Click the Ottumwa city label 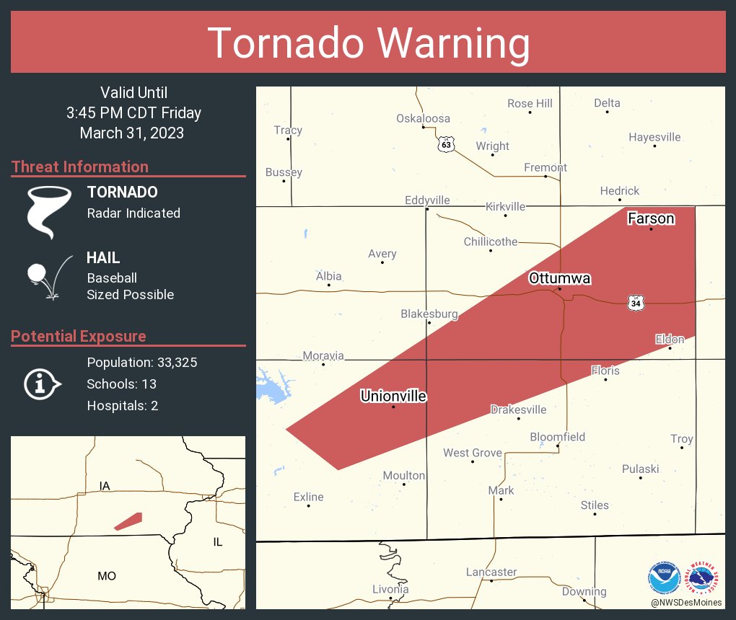[550, 278]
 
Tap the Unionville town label [393, 397]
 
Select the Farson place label [651, 218]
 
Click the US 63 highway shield [447, 144]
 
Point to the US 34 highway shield [634, 304]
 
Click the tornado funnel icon [49, 211]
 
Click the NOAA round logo [664, 578]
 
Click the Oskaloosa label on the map [423, 119]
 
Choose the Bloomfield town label [557, 437]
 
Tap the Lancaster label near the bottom [491, 572]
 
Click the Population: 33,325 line [142, 362]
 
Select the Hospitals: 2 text [123, 405]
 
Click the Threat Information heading [80, 167]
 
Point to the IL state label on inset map [218, 541]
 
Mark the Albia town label [329, 276]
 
